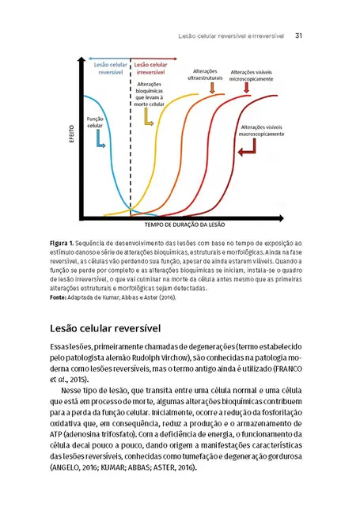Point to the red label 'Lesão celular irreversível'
point(151,67)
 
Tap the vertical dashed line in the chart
point(131,142)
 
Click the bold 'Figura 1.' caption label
point(62,240)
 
